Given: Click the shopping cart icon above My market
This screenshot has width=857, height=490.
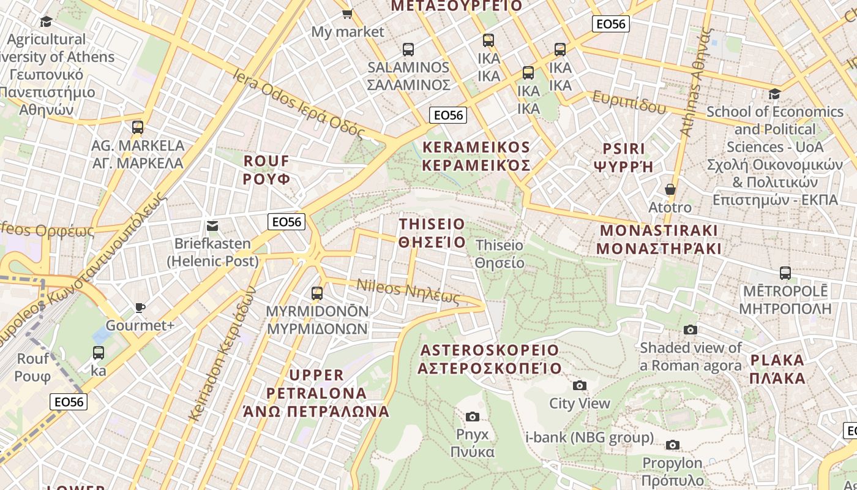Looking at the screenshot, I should pos(347,13).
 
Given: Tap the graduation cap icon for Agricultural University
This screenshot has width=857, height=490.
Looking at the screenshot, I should pos(46,22).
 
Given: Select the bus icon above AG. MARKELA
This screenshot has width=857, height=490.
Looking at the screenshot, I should pos(138,127).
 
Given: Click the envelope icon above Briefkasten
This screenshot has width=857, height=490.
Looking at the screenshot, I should pos(212,226).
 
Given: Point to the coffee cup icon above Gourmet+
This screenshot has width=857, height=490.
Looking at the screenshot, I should pos(140,307).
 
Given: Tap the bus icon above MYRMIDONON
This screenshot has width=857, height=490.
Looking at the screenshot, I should pos(317,293).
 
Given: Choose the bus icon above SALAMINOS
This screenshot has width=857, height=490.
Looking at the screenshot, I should pos(408,50).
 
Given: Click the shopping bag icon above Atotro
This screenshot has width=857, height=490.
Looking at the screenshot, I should pos(670,189).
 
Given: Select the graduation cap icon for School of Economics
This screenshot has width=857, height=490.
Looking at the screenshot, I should pos(775,94).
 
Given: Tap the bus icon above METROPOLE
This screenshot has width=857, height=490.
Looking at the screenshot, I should pos(785,273).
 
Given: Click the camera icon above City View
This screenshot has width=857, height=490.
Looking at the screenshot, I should pos(580,385).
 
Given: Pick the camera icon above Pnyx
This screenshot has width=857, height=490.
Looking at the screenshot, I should pos(473,417).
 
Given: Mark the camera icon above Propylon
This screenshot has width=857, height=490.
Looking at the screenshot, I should pos(673,445).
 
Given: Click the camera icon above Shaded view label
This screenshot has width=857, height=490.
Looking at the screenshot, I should pos(690,330).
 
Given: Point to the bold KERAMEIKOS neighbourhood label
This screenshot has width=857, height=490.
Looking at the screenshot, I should pos(476,156).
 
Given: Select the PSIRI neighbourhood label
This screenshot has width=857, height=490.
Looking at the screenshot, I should pos(624,157).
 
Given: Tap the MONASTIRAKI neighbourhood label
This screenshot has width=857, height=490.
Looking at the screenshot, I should pos(659,239).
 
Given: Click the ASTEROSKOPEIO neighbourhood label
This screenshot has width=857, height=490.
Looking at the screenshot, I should pos(490,359).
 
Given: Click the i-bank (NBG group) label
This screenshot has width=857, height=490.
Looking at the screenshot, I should pos(589,437).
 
